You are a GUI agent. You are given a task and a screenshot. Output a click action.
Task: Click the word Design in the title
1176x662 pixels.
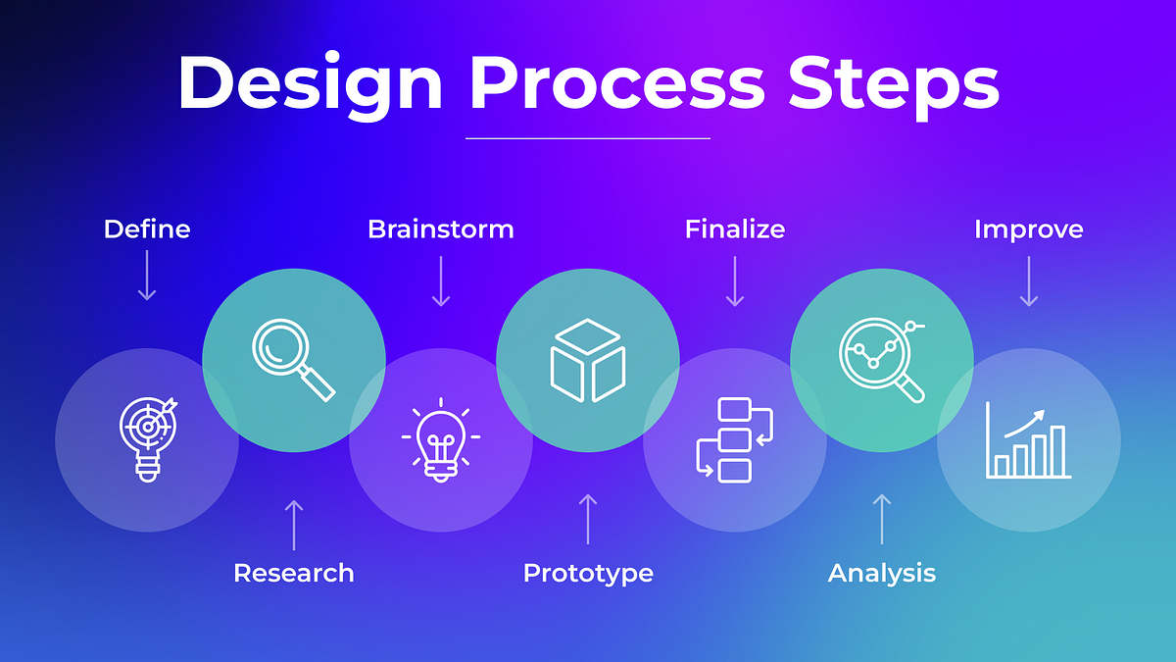(311, 83)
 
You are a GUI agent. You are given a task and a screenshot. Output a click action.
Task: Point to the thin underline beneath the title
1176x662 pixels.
(588, 138)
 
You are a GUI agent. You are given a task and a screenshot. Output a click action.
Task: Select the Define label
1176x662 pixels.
(147, 229)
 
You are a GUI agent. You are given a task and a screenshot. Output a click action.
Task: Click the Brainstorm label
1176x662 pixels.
(441, 229)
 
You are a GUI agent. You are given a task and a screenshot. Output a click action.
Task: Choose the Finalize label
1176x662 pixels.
(735, 229)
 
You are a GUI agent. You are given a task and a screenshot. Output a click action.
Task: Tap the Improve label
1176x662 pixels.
(1029, 229)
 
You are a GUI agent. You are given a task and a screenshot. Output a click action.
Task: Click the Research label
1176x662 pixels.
(294, 573)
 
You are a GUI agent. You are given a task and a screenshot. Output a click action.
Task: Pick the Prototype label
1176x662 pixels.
(588, 573)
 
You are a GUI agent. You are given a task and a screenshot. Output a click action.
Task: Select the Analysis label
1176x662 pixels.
(882, 573)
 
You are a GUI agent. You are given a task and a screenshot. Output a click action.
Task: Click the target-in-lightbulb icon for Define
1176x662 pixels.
(147, 438)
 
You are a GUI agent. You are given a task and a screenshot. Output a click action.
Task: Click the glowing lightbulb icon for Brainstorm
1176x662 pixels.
(441, 439)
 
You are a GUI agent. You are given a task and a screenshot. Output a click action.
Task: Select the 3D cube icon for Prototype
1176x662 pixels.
(588, 360)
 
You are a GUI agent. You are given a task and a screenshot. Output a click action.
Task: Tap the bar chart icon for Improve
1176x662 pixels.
(1029, 439)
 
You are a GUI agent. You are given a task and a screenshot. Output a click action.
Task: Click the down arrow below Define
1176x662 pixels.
(147, 275)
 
